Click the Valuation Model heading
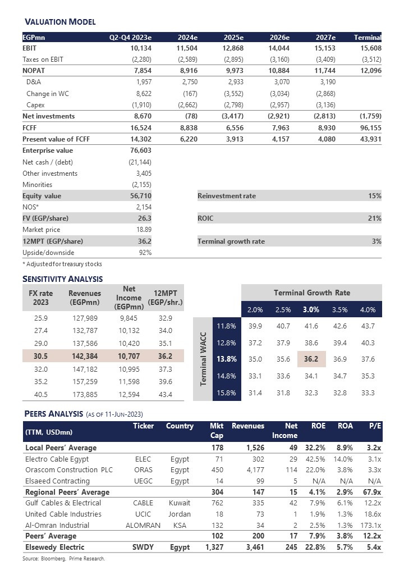60,22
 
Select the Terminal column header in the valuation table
368,38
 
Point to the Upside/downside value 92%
144,253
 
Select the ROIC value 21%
374,218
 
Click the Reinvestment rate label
227,196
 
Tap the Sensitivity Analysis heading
62,279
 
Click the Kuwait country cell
180,503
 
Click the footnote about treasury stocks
62,263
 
